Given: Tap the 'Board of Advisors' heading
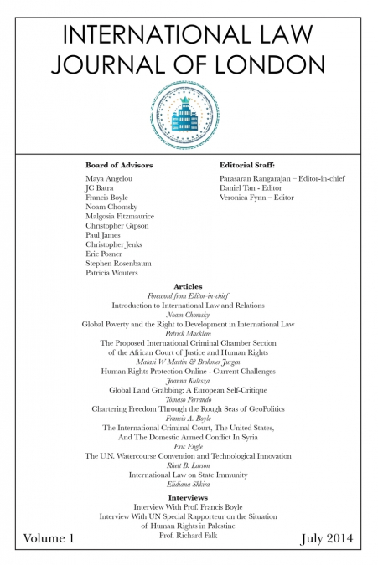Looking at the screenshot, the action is pyautogui.click(x=119, y=166).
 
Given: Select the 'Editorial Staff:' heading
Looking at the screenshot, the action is pyautogui.click(x=247, y=166).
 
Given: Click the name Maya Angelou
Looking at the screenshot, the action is pyautogui.click(x=110, y=179).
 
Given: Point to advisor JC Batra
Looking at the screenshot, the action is pyautogui.click(x=100, y=188).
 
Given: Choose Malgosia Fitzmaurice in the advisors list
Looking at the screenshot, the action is pyautogui.click(x=120, y=216).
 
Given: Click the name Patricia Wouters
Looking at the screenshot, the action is pyautogui.click(x=112, y=272).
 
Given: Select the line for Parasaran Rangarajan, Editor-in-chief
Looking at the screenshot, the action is pyautogui.click(x=282, y=179).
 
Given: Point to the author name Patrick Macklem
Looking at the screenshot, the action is pyautogui.click(x=188, y=332).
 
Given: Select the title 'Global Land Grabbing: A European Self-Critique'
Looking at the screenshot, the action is pyautogui.click(x=188, y=389).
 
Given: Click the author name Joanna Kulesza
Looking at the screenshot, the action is pyautogui.click(x=188, y=380).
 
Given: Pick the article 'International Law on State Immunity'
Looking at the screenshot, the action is pyautogui.click(x=188, y=475).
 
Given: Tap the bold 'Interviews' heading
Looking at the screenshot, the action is pyautogui.click(x=188, y=497).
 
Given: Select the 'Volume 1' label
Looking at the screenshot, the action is pyautogui.click(x=49, y=539).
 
